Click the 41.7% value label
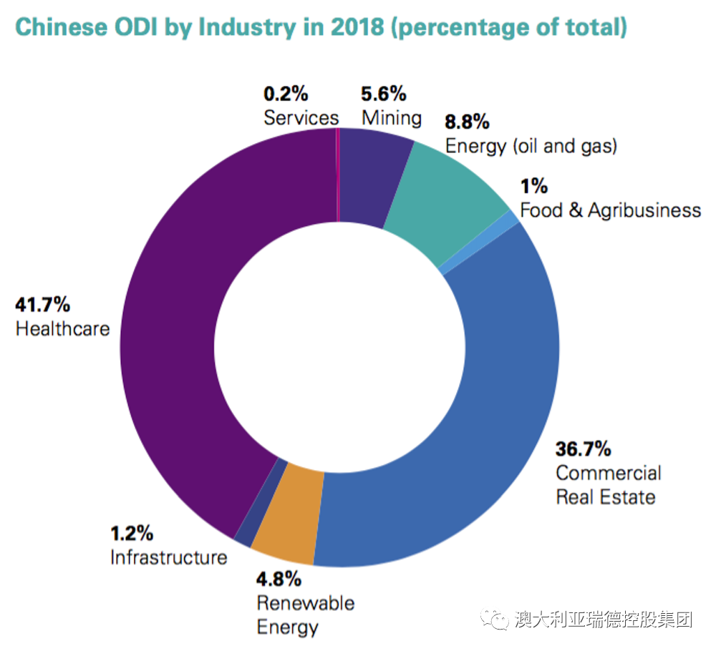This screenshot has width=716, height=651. point(43,305)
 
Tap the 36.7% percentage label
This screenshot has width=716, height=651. point(584,449)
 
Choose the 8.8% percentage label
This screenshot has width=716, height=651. point(467,122)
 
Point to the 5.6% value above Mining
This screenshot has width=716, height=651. point(384,94)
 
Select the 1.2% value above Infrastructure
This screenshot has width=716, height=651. point(132,533)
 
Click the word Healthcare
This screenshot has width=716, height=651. point(63,329)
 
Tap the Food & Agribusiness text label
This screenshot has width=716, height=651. point(610,210)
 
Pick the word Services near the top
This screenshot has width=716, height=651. point(301,117)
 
